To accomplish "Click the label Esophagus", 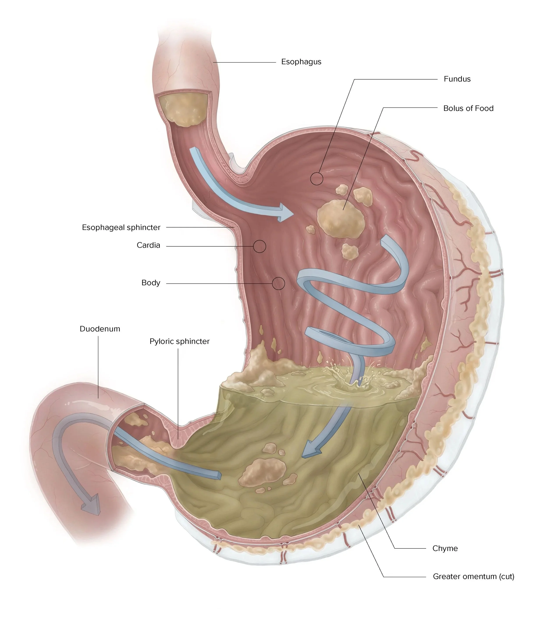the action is click(x=301, y=62).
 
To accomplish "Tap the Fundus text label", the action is click(x=457, y=79).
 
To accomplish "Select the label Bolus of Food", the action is click(x=468, y=109).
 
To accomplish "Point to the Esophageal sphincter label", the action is click(x=121, y=228).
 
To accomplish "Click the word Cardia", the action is click(x=148, y=245).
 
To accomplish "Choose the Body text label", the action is click(x=151, y=283).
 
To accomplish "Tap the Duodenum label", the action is click(x=100, y=329).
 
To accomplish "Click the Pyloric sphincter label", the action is click(x=180, y=342).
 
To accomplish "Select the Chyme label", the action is click(x=445, y=548).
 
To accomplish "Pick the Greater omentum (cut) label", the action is click(x=473, y=577).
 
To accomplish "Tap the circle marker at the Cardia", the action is click(x=259, y=246).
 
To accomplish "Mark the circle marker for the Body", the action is click(x=278, y=283).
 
